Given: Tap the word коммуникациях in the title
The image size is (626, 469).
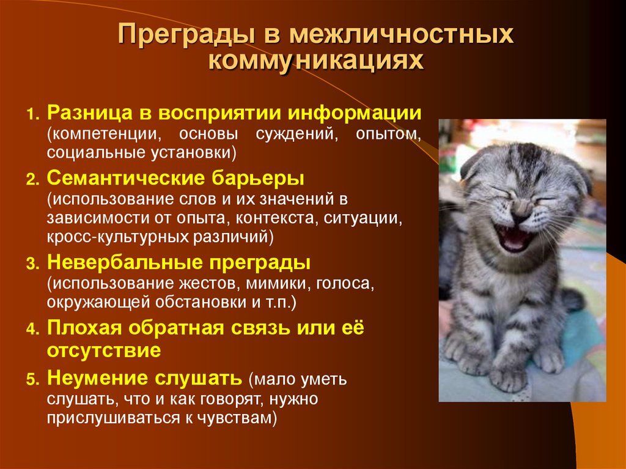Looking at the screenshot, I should (x=315, y=62).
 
